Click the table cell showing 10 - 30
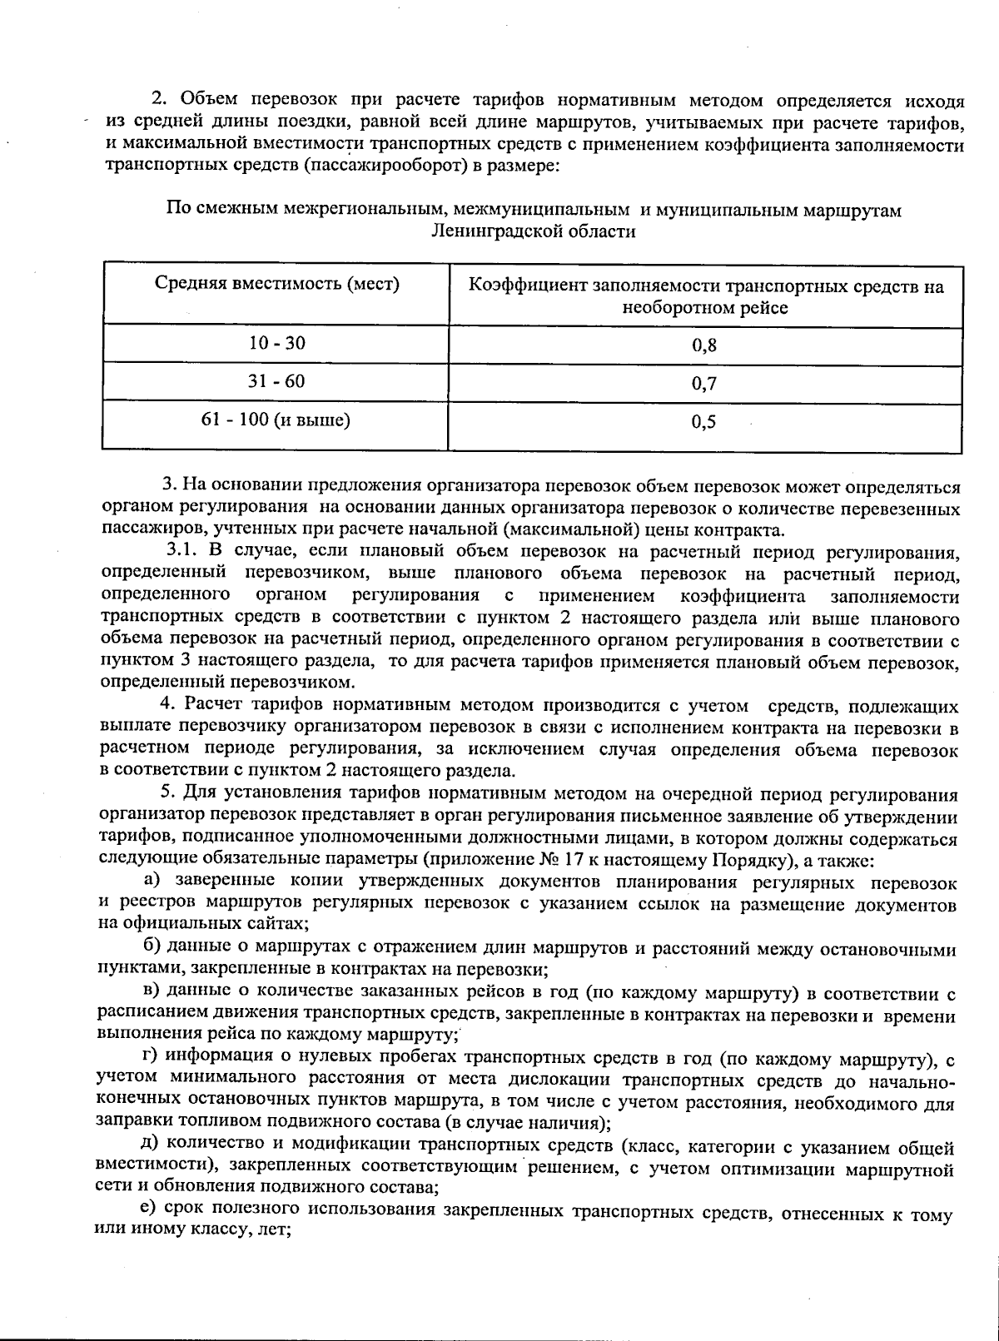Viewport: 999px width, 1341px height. pyautogui.click(x=276, y=343)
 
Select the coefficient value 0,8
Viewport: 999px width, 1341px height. pyautogui.click(x=704, y=345)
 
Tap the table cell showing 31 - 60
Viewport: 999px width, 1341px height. pyautogui.click(x=276, y=381)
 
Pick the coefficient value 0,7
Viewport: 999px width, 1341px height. pyautogui.click(x=704, y=384)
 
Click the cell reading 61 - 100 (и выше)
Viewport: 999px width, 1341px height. pyautogui.click(x=276, y=420)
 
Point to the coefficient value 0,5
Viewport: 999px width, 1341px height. pyautogui.click(x=704, y=422)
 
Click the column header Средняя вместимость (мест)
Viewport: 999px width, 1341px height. pyautogui.click(x=276, y=284)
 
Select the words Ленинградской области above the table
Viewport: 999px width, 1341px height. pyautogui.click(x=534, y=231)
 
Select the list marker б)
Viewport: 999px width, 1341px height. pyautogui.click(x=152, y=947)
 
